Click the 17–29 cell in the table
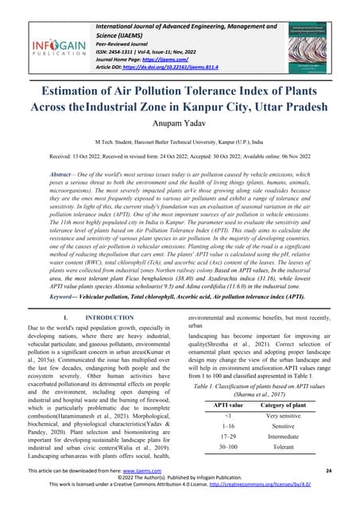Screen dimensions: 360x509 pos(228,437)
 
